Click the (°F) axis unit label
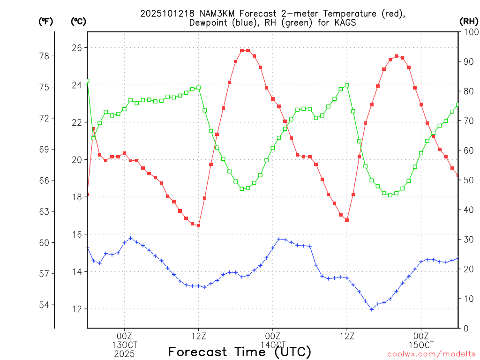pos(45,22)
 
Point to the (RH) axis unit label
pos(468,22)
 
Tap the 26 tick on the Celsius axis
pos(77,48)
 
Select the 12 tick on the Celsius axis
pos(77,309)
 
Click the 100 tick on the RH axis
pos(470,32)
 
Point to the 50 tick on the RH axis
pos(467,180)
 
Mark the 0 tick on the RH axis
pos(465,328)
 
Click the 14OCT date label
pos(273,345)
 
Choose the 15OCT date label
pos(421,345)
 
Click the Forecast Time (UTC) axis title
pos(240,352)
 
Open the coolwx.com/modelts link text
pos(431,354)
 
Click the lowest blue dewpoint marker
pos(372,309)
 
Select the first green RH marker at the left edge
pos(88,81)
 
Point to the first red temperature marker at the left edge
pos(88,194)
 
